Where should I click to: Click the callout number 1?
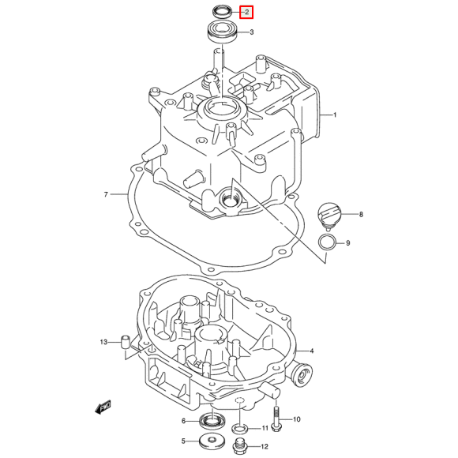[334, 115]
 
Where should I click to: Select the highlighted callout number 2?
[246, 12]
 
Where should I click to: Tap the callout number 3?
[251, 33]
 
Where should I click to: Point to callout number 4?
[312, 351]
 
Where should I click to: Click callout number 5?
[183, 441]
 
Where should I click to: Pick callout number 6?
[183, 421]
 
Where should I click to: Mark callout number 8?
[360, 215]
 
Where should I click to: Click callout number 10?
[298, 419]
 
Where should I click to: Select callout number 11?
[265, 428]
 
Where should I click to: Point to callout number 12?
[265, 446]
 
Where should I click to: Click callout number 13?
[103, 342]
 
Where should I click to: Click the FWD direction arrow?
[103, 407]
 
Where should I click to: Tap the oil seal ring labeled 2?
[222, 11]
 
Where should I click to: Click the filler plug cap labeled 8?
[327, 213]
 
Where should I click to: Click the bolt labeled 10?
[275, 419]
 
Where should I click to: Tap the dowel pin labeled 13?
[124, 342]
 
